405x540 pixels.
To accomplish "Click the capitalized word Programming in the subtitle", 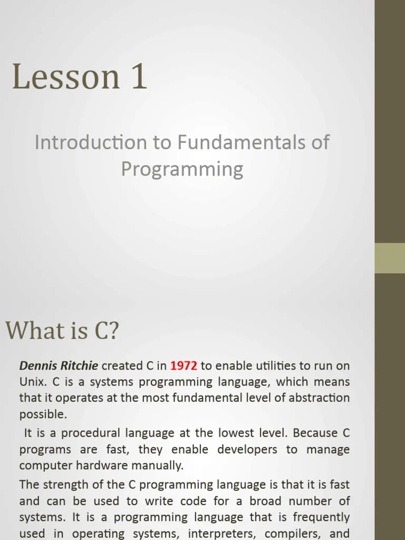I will click(x=182, y=169).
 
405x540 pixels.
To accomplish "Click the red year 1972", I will click(x=184, y=365).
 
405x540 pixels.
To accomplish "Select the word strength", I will click(x=64, y=484).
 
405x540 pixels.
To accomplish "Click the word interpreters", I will click(x=225, y=534).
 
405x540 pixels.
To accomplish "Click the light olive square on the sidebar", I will click(x=390, y=258).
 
